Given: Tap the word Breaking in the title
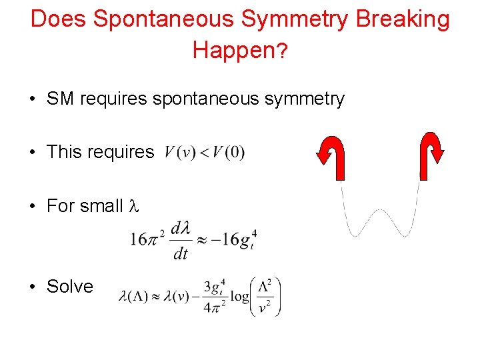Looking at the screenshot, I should point(403,19).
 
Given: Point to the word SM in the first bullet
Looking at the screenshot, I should point(61,99).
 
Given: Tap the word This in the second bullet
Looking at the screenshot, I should point(64,152).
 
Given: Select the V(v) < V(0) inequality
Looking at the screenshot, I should point(205,153).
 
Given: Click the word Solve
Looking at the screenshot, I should point(70,287).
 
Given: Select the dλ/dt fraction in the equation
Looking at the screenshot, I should point(181,241).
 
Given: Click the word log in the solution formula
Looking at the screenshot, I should point(238,297).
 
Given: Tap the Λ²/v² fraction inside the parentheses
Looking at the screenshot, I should point(265,297).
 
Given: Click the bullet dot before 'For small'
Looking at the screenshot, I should point(33,206).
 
